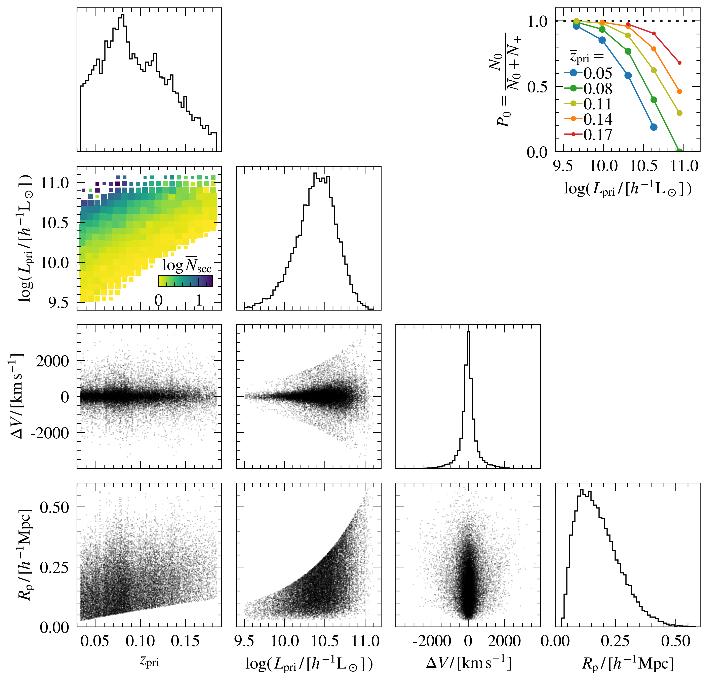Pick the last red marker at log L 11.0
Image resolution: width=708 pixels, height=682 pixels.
click(679, 63)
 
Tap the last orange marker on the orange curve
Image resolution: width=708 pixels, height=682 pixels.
click(679, 91)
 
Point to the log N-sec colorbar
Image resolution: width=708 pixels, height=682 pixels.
click(185, 281)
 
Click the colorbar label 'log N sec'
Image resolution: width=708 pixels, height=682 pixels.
click(187, 266)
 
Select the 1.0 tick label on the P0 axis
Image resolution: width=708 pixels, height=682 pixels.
click(538, 22)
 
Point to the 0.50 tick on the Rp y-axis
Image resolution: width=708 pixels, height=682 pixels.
click(54, 507)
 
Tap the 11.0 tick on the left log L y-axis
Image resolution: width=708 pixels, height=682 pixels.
click(54, 183)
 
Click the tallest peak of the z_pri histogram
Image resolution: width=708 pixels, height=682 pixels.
click(122, 15)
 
